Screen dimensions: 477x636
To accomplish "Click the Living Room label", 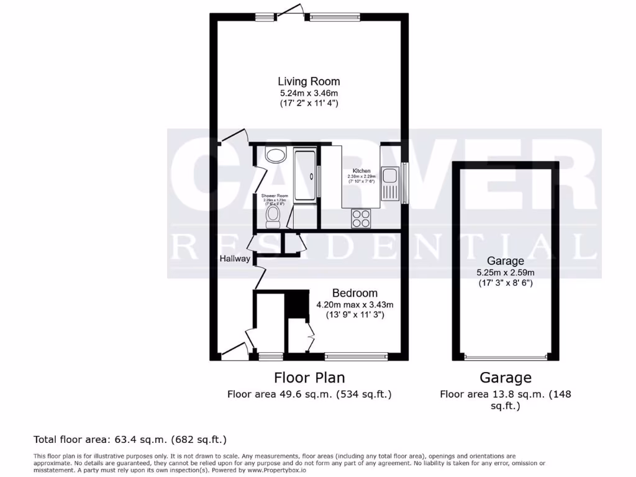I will pos(309,81).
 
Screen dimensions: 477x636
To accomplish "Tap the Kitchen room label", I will pos(361,171).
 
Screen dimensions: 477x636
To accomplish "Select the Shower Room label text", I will pos(274,196).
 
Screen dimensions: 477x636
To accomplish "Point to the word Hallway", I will pos(234,259).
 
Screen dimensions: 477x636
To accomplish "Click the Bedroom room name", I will pos(355,293).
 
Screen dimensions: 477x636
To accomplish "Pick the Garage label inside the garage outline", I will pos(505,261).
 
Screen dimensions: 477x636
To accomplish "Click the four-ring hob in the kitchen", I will pos(361,218).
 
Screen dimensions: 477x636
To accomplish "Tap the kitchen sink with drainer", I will pos(390,184).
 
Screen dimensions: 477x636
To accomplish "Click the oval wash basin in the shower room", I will pos(274,154).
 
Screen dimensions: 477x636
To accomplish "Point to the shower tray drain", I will pos(304,175).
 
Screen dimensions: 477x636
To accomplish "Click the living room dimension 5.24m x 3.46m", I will pos(309,93).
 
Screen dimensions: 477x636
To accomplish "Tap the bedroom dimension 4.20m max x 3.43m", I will pos(355,304).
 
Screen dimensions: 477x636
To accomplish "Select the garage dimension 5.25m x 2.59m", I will pos(505,272).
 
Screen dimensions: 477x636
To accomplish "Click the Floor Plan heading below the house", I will pos(309,378).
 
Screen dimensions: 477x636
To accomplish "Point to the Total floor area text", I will pos(130,440).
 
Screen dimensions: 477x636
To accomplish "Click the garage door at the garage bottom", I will pos(505,357).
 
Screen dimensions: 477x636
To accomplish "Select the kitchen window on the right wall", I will pos(405,183).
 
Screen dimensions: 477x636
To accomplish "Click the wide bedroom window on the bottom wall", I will pos(356,357).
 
